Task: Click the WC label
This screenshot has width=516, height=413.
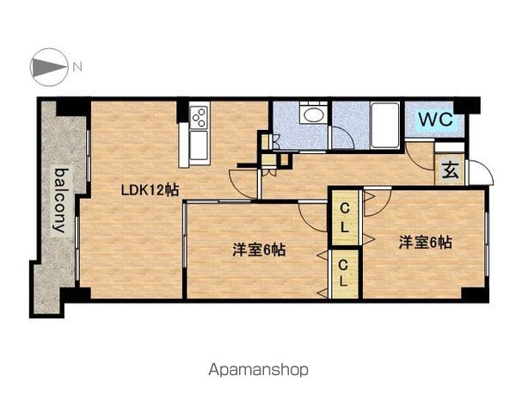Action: tap(436, 119)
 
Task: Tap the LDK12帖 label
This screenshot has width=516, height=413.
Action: tap(150, 190)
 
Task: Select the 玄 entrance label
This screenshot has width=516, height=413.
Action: tap(450, 170)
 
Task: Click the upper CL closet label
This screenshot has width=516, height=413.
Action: tap(344, 218)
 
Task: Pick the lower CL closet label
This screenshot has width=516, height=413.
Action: tap(343, 273)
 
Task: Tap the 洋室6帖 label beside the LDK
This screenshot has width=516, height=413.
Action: tap(259, 250)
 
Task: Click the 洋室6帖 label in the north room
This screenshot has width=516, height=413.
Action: tap(425, 243)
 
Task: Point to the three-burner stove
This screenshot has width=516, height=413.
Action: tap(200, 118)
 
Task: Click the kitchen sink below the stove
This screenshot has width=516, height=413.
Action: tap(199, 145)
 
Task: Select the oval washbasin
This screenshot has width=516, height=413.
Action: tap(313, 114)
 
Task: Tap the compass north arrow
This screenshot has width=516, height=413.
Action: tap(48, 67)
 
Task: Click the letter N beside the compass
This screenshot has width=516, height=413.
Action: tap(77, 67)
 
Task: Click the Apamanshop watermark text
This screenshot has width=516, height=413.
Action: tap(258, 370)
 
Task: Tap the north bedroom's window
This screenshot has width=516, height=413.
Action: tap(487, 244)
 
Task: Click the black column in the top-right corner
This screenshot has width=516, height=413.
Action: tap(467, 105)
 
